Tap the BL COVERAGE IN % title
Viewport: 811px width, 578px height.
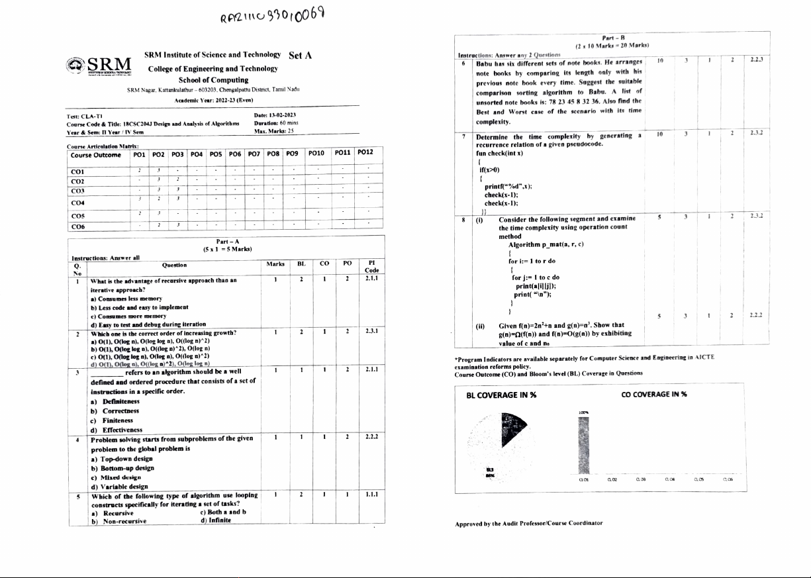(x=501, y=395)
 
